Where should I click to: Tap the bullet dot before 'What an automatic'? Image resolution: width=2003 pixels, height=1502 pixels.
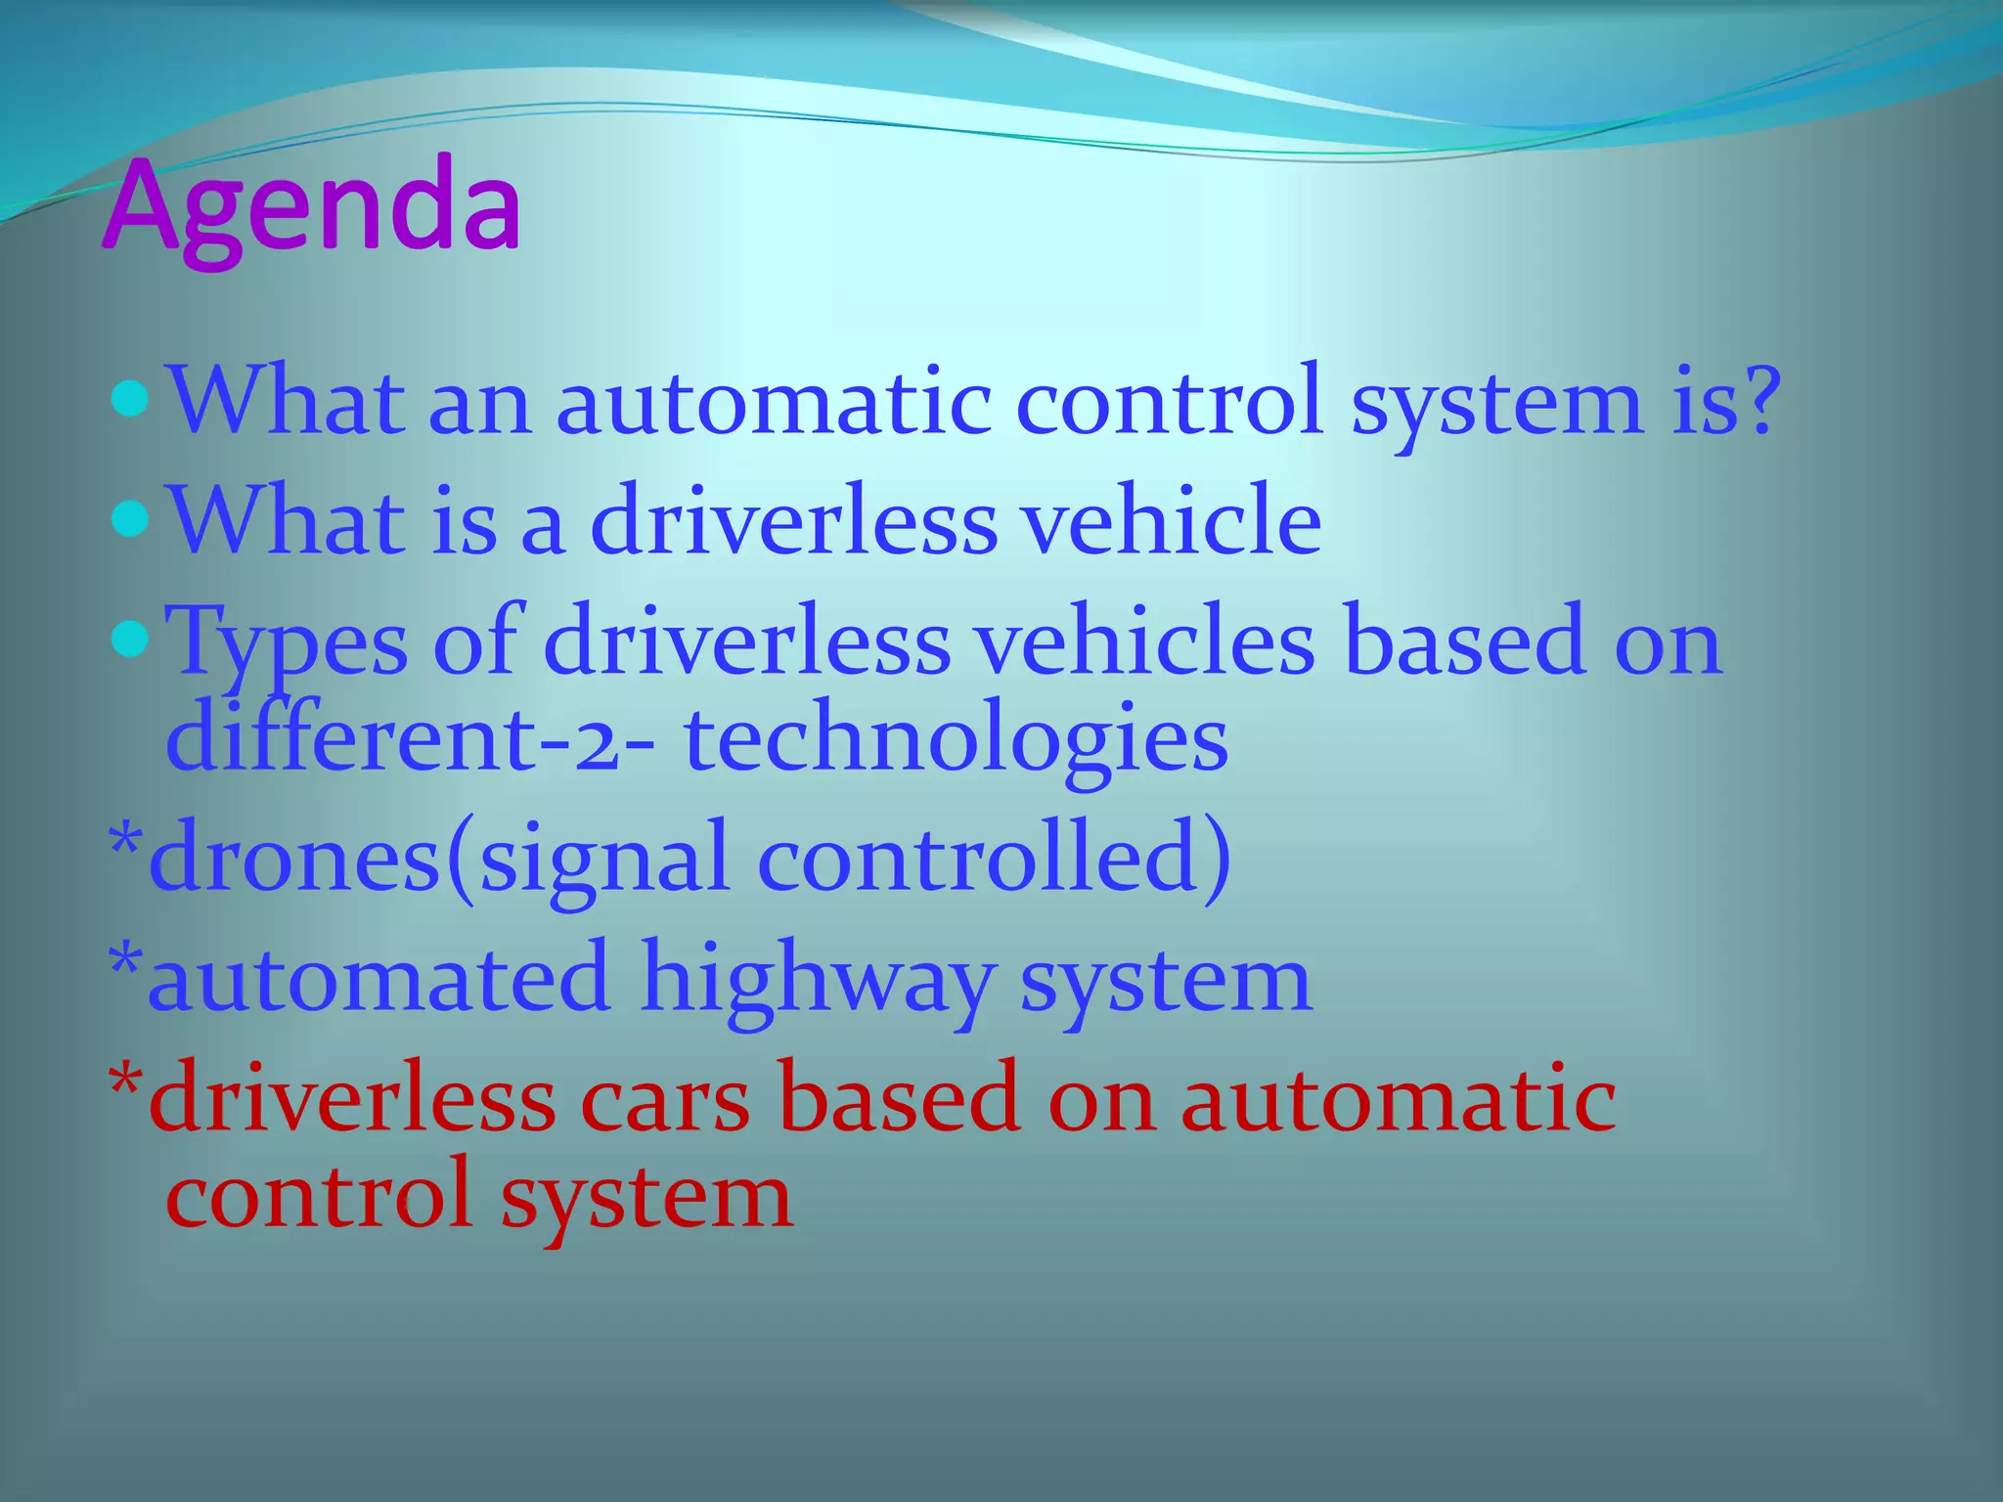[x=130, y=400]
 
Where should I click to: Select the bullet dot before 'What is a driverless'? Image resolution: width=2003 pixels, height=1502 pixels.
[x=130, y=519]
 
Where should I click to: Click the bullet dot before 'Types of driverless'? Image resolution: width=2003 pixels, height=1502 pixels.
[x=130, y=641]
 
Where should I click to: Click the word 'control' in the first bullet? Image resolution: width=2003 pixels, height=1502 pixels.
[x=1170, y=401]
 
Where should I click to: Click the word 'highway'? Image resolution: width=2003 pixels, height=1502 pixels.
[x=818, y=981]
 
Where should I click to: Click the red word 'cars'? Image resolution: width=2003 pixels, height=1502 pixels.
[x=665, y=1100]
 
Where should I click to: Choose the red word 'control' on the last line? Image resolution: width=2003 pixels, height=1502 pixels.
[x=319, y=1195]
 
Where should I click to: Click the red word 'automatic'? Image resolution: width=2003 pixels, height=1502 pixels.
[x=1398, y=1100]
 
